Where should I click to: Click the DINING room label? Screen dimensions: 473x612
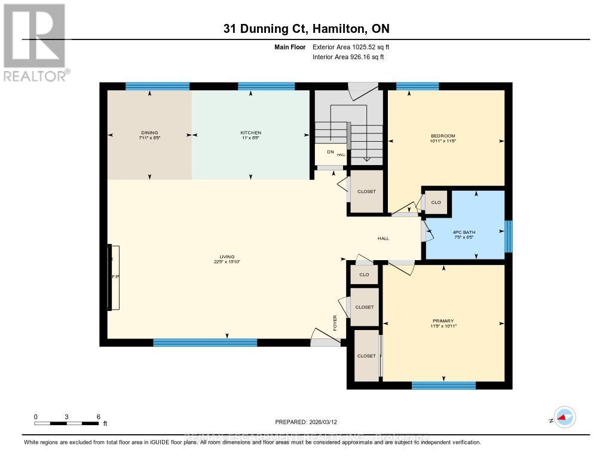point(150,133)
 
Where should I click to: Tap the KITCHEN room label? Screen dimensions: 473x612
point(250,133)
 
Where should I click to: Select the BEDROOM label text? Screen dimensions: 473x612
point(443,136)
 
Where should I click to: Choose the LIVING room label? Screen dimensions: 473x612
point(227,257)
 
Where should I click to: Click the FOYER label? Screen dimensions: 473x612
point(335,322)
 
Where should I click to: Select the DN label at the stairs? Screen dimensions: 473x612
point(329,152)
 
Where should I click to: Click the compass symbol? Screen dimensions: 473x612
point(564,417)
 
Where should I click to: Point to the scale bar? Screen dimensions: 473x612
point(66,423)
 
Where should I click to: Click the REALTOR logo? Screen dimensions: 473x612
point(35,42)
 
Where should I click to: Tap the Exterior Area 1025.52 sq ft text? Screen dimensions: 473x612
point(351,47)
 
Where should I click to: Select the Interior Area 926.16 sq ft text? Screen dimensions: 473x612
point(348,57)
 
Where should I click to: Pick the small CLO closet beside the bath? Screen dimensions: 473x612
point(436,203)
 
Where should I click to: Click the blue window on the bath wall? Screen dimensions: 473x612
point(509,236)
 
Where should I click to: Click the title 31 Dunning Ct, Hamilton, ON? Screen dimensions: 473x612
point(306,29)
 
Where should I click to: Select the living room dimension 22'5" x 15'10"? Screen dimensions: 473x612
point(227,262)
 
